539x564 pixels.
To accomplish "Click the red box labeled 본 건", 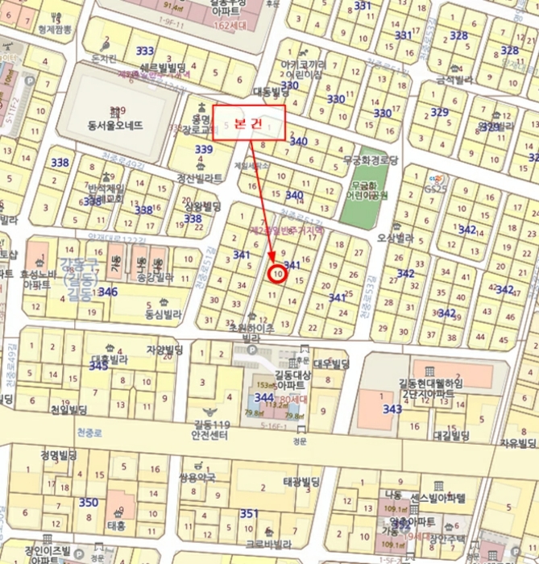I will [249, 122].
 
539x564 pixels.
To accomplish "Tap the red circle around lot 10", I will [277, 274].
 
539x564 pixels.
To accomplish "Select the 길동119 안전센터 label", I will [212, 429].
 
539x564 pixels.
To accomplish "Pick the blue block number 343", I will [392, 409].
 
